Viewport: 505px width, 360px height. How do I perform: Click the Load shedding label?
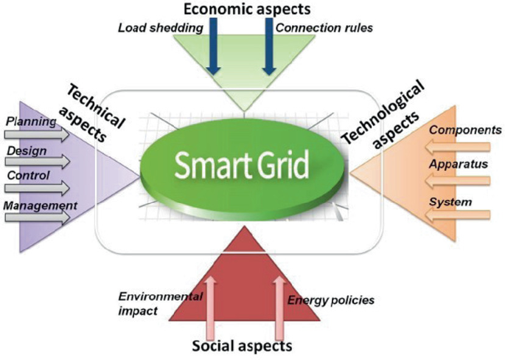coord(161,29)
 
